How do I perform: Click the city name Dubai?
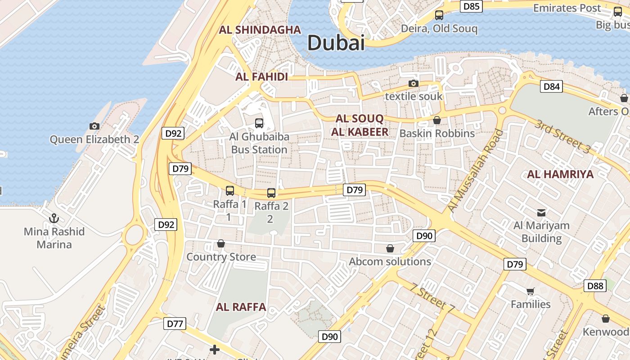click(336, 43)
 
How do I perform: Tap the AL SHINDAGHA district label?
click(260, 30)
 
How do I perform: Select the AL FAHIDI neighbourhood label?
click(261, 77)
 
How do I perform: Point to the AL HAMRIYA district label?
click(560, 174)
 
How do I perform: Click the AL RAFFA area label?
click(241, 307)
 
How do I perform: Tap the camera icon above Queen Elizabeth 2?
click(94, 126)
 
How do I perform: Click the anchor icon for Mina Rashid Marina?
click(54, 218)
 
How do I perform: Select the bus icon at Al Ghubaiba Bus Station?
click(259, 123)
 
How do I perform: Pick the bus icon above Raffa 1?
click(230, 191)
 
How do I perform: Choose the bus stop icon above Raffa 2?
click(271, 193)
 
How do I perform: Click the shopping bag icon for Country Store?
click(221, 244)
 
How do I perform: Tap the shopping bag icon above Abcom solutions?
click(390, 248)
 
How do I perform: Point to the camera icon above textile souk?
click(414, 83)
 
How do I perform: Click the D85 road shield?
click(472, 6)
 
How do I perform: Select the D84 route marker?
click(551, 86)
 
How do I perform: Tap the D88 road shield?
click(595, 285)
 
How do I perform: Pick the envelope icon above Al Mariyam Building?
click(541, 212)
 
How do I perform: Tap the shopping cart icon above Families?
click(531, 291)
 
